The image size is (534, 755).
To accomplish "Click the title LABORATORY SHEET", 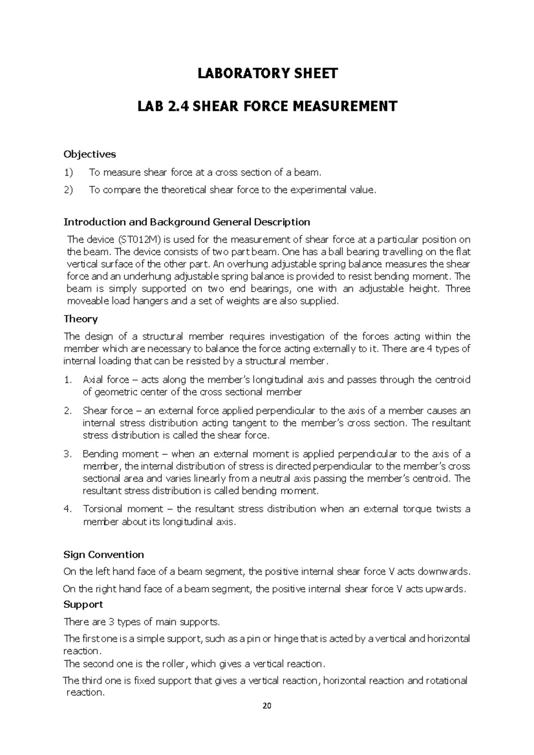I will point(267,73).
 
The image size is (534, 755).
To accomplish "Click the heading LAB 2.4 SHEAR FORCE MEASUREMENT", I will point(267,106).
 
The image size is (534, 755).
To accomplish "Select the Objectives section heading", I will point(89,154).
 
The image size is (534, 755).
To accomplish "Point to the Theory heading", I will point(81,319).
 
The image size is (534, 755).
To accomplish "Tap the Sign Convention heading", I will point(104,554).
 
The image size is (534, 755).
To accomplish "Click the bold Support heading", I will point(83,604).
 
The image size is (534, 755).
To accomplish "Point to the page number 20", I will point(267,706).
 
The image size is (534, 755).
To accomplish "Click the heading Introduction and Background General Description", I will point(187,222).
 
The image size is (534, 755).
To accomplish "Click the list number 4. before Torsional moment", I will point(68,509).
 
